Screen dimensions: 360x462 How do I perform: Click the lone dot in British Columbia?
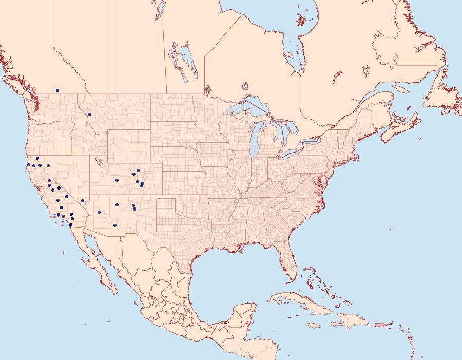click(x=57, y=90)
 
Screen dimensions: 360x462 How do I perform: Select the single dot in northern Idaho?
click(x=90, y=115)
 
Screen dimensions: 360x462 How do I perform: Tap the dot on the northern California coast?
click(x=28, y=165)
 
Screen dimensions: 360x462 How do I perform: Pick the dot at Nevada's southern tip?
click(x=82, y=201)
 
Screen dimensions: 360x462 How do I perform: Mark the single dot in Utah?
click(x=118, y=180)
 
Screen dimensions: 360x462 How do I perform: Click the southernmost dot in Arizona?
click(x=115, y=225)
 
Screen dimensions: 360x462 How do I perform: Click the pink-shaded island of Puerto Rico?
click(x=380, y=325)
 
